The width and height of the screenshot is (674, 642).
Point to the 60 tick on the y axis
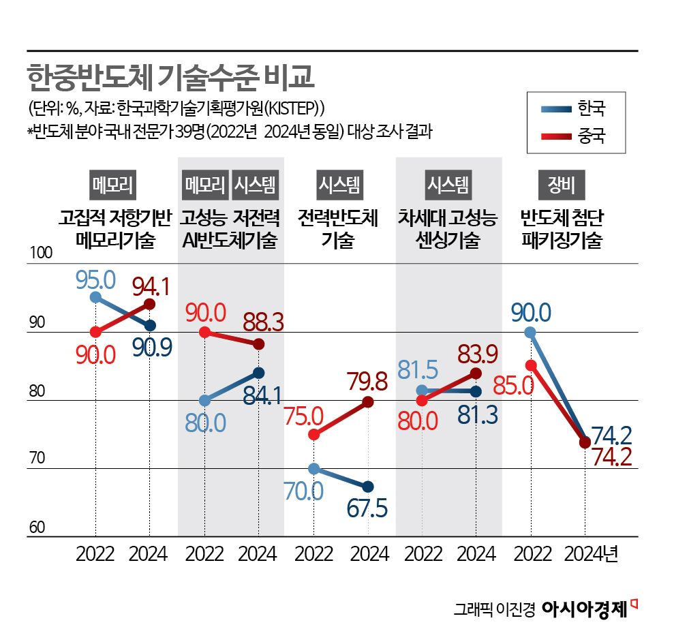click(x=37, y=528)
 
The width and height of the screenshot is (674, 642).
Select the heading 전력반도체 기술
click(x=338, y=229)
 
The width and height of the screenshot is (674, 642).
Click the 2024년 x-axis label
click(x=590, y=553)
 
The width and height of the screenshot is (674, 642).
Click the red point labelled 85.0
click(x=531, y=365)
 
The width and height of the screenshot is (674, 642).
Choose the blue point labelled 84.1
click(x=259, y=373)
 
